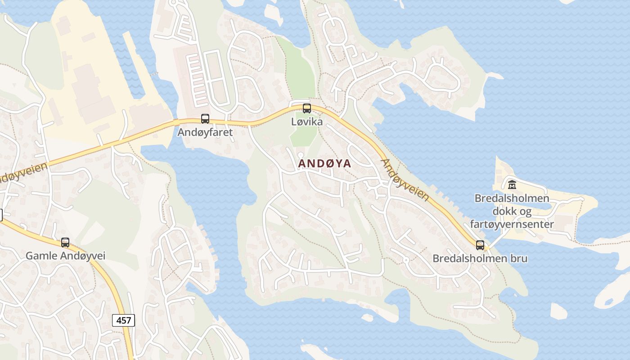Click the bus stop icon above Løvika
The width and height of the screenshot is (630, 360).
point(307,108)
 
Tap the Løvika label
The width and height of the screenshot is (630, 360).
point(307,122)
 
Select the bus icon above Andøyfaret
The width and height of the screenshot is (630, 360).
point(205,119)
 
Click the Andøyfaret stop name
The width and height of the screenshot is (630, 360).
point(205,132)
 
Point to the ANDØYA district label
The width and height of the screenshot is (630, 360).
point(324,163)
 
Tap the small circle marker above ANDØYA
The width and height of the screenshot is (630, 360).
point(301,155)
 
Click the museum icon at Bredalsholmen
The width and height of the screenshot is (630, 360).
point(512,184)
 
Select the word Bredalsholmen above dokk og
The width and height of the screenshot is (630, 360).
point(512,198)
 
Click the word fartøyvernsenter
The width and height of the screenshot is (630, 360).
point(512,224)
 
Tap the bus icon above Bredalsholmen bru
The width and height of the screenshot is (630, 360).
point(480,245)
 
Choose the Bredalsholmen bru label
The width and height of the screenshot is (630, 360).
point(480,259)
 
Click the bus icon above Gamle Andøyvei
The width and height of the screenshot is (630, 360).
point(65,243)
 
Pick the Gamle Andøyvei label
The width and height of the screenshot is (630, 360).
point(65,256)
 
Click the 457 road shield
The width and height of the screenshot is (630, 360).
point(123,320)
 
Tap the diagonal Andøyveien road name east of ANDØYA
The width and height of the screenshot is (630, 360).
point(405,180)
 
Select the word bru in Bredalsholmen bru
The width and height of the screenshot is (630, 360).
point(519,259)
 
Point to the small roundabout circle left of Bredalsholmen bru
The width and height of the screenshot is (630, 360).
point(406,260)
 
